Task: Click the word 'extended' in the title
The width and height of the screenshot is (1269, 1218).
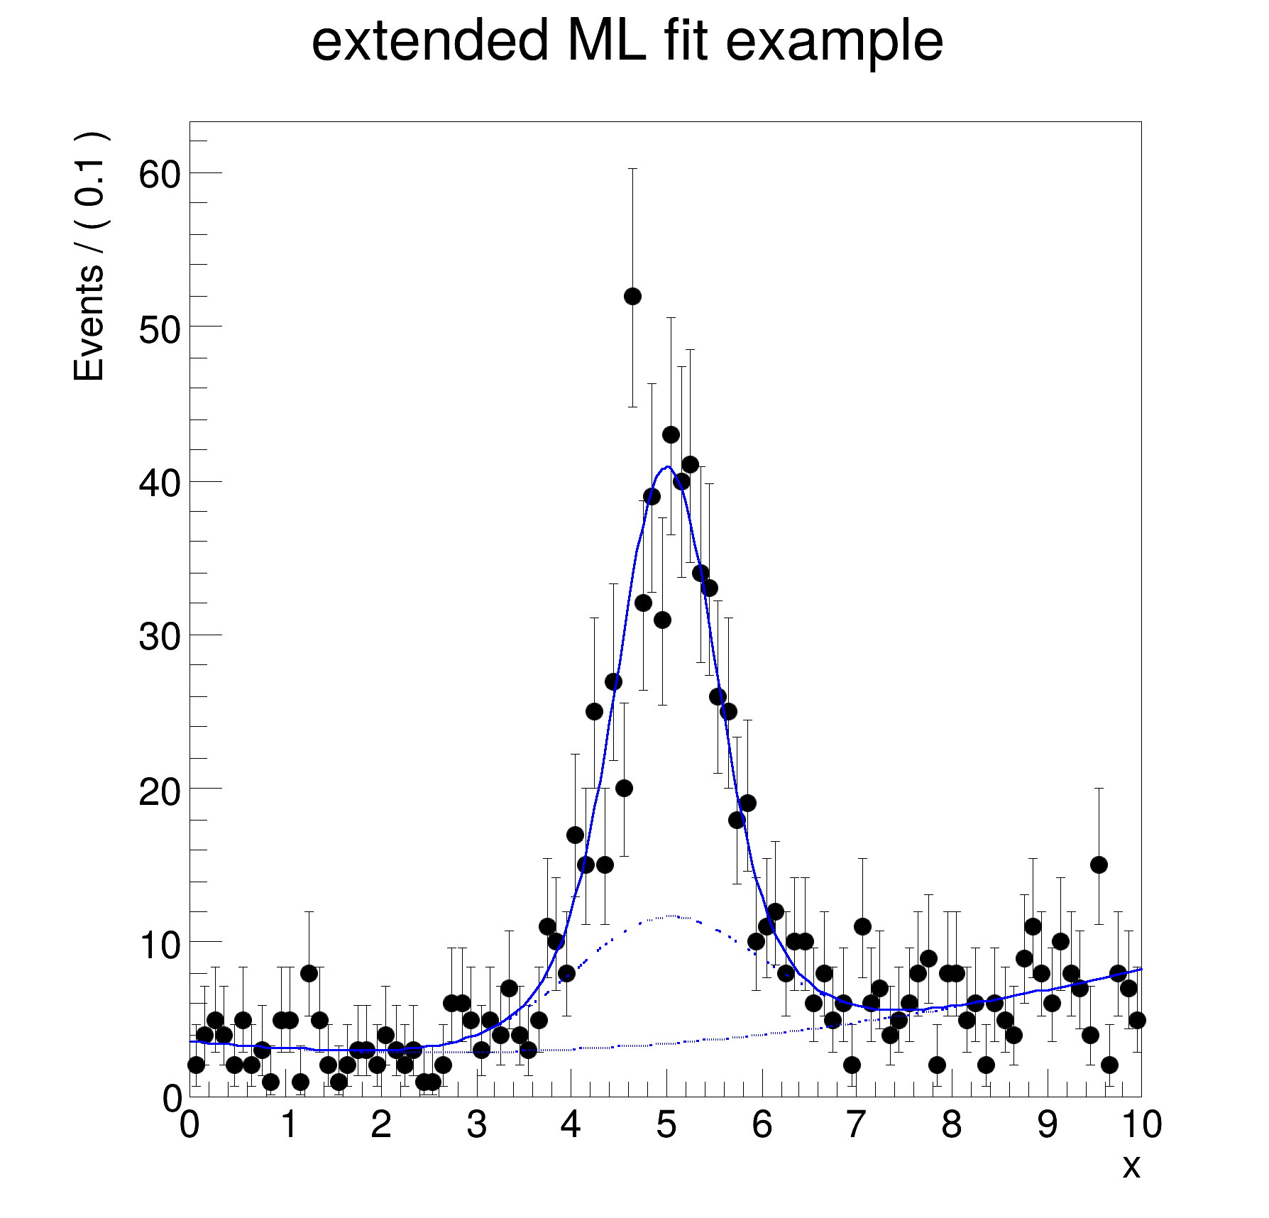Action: click(430, 41)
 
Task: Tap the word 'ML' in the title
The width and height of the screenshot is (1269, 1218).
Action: click(606, 41)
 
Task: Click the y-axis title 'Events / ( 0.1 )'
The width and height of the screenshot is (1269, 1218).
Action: click(90, 257)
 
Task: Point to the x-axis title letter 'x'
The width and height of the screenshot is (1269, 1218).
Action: click(1131, 1167)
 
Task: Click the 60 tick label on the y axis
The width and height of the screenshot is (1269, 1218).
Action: click(160, 174)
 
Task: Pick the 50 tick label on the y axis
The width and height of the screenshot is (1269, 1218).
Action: click(160, 328)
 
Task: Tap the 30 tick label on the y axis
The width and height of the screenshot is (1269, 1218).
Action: click(160, 636)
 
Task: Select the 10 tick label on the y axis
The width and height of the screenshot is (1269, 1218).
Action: click(160, 944)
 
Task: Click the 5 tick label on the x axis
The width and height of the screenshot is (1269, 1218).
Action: click(666, 1125)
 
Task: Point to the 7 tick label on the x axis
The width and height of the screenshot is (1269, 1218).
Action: click(857, 1125)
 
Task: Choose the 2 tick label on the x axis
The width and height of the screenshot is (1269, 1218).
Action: click(380, 1125)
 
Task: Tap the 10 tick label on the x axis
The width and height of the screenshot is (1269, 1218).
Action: click(1141, 1125)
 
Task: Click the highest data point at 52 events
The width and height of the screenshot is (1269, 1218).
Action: click(632, 296)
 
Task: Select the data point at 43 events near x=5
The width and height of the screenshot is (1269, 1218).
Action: click(671, 434)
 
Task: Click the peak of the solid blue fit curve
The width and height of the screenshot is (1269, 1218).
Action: click(667, 467)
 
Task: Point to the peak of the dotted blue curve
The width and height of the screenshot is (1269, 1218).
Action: click(671, 916)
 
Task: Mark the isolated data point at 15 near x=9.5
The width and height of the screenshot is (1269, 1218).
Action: click(1099, 865)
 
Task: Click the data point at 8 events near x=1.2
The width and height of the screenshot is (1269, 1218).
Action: click(309, 973)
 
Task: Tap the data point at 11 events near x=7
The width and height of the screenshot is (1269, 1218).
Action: click(862, 926)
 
